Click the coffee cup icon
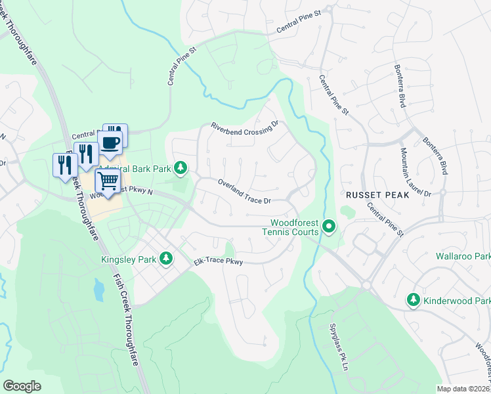(x=110, y=142)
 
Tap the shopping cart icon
(x=108, y=181)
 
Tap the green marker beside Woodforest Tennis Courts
(x=329, y=227)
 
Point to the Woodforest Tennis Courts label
(x=290, y=227)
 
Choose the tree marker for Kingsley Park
(x=167, y=259)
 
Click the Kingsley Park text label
(x=129, y=259)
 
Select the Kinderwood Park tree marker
(x=414, y=299)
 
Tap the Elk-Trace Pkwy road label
(x=218, y=262)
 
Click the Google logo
(x=22, y=385)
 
